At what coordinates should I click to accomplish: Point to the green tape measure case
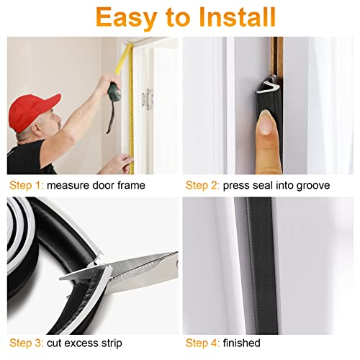(x=114, y=91)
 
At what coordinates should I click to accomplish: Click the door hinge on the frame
(x=149, y=99)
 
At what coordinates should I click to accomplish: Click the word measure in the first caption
(x=71, y=186)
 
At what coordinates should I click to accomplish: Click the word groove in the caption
(x=312, y=186)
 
